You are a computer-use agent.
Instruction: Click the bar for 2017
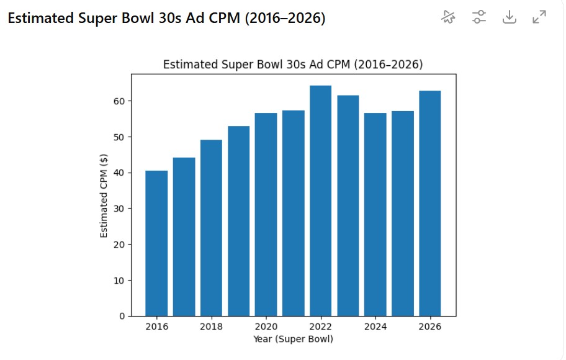click(184, 236)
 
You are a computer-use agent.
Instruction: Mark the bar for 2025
click(402, 214)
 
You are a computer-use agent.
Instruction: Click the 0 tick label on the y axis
click(122, 316)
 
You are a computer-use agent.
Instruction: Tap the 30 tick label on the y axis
click(119, 209)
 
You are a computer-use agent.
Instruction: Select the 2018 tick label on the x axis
click(211, 327)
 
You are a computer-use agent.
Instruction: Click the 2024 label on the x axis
click(375, 327)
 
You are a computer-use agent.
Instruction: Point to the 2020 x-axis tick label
click(266, 327)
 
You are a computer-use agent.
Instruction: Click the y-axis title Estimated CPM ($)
click(104, 196)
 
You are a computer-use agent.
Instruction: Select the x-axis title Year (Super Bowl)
click(293, 339)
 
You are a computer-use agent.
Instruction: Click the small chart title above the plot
click(293, 65)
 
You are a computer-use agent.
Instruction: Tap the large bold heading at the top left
click(166, 18)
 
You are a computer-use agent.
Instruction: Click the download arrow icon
click(509, 17)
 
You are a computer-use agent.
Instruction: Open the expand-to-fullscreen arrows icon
click(539, 17)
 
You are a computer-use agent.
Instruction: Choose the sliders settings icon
click(478, 17)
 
